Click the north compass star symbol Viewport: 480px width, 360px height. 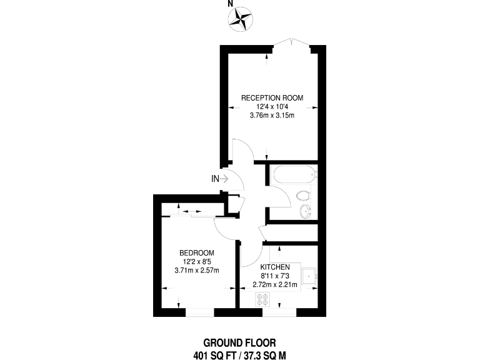(241, 19)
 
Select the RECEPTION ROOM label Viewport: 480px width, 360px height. (272, 97)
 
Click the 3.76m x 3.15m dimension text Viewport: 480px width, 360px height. (272, 115)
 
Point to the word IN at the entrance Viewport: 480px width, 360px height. (215, 179)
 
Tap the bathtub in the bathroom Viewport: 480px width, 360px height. (292, 174)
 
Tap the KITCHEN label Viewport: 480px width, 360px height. (276, 267)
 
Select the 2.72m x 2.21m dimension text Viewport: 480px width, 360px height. (276, 284)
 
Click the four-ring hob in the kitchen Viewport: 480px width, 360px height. (262, 301)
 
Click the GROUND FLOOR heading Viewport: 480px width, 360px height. (239, 342)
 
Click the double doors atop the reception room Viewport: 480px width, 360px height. (292, 42)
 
